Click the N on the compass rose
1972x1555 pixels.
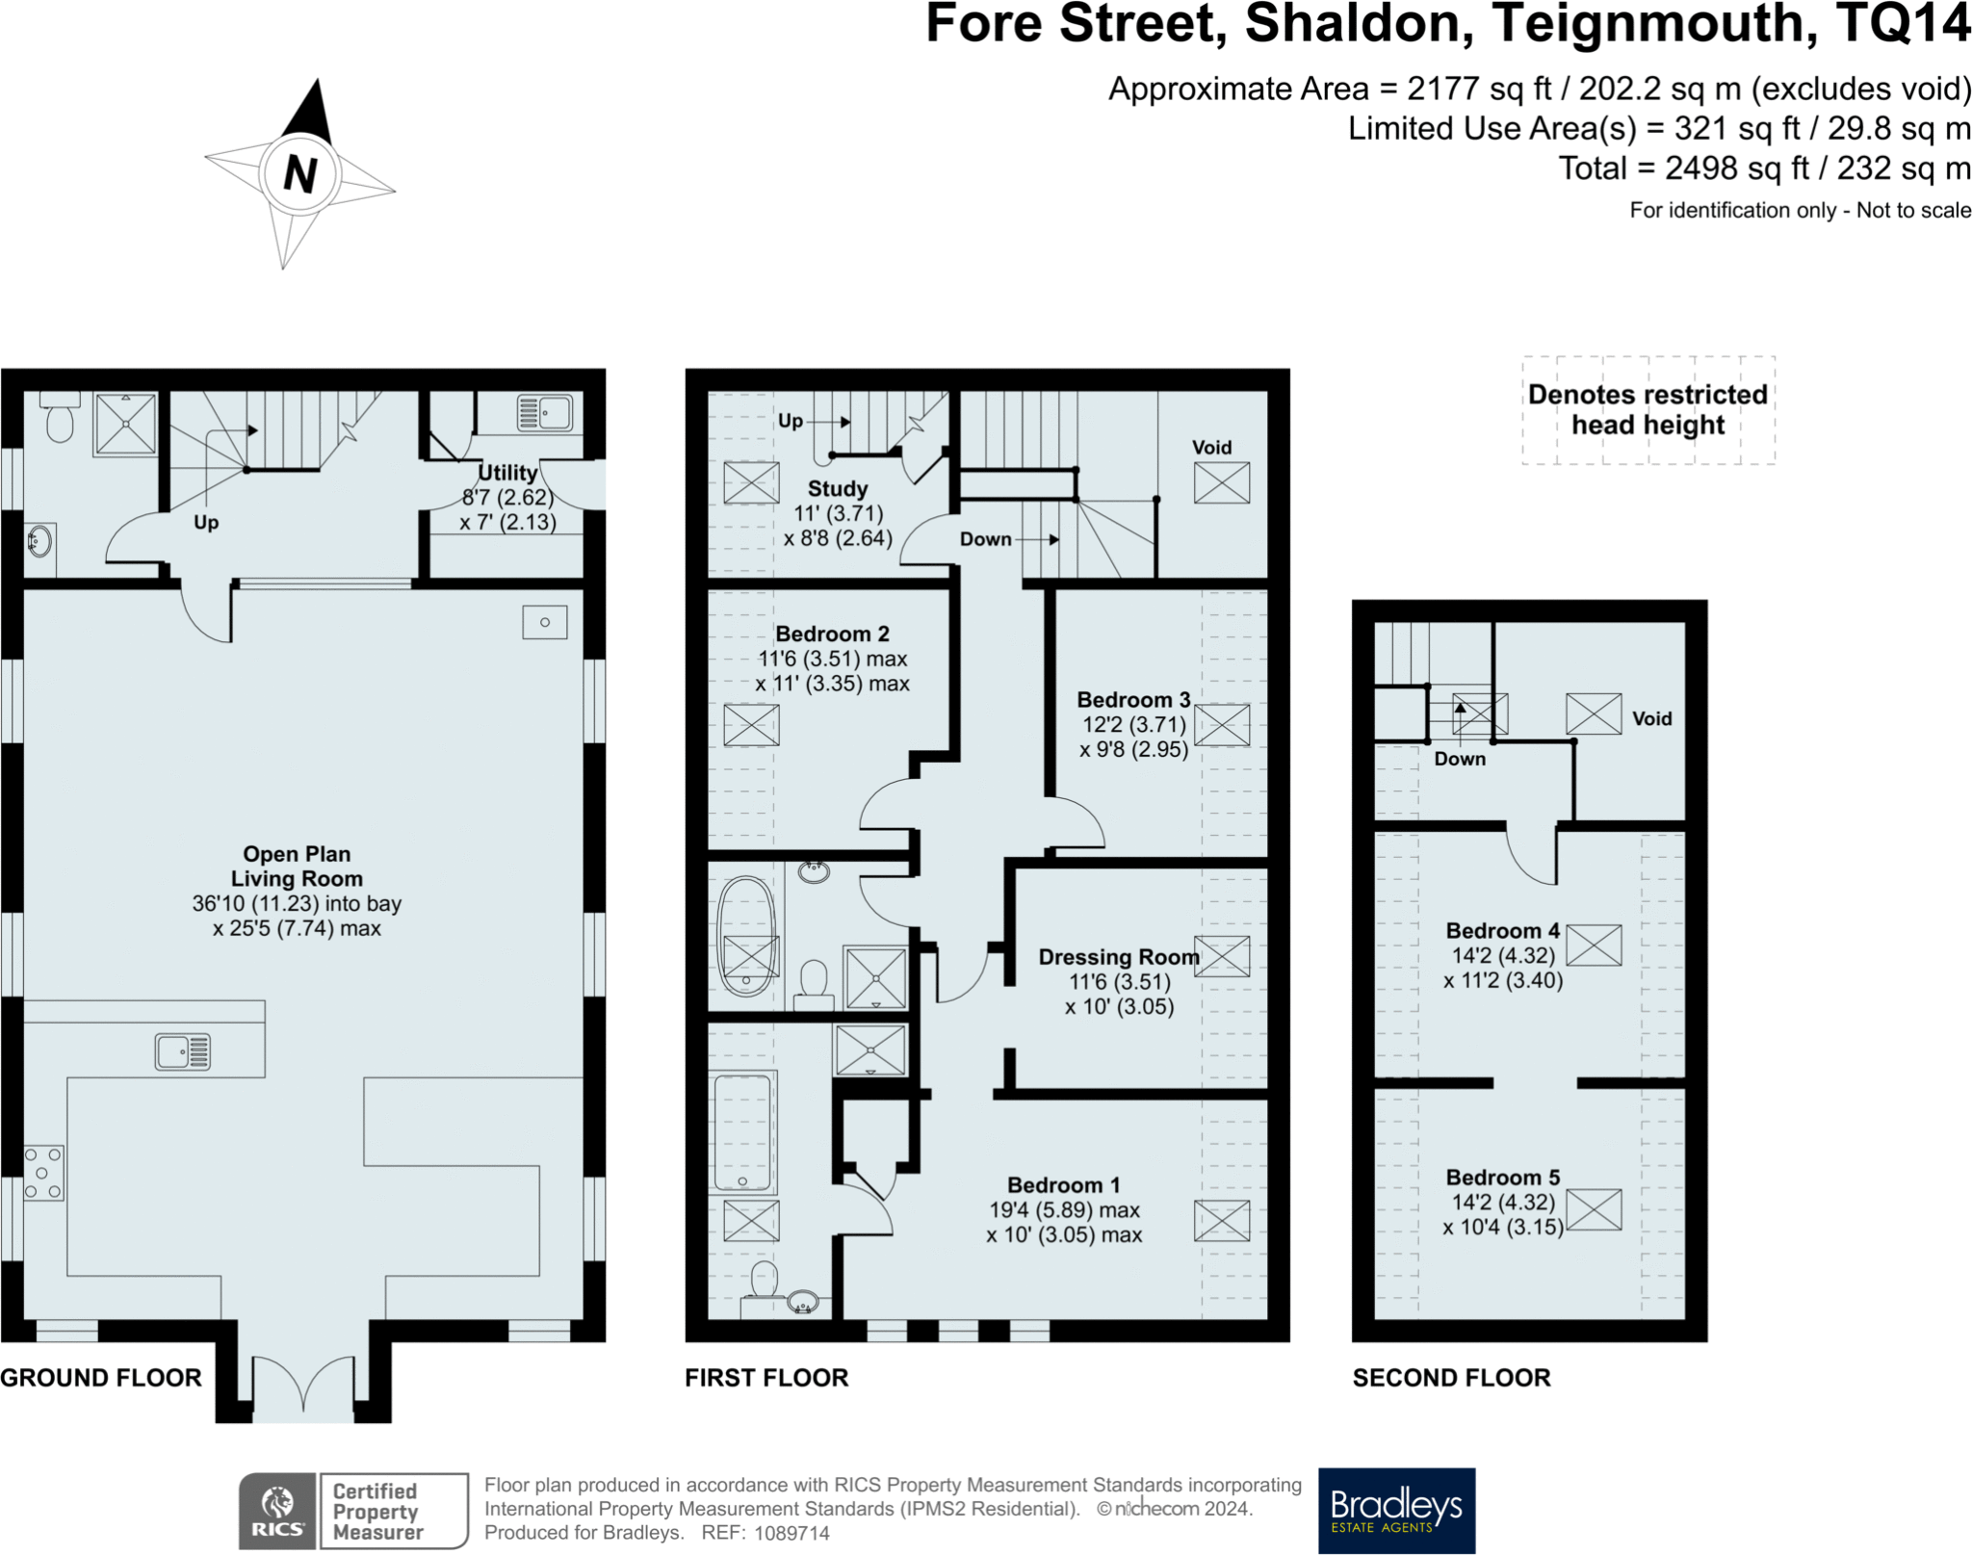(299, 174)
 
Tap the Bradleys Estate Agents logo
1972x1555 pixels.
(1396, 1510)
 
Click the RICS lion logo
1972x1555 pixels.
(277, 1511)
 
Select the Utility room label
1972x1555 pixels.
(507, 473)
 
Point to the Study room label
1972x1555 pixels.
(838, 489)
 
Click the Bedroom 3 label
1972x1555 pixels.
(1133, 700)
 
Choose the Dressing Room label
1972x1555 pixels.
(1119, 957)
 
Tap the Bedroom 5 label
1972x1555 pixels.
(1503, 1178)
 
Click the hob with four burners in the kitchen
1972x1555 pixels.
(43, 1173)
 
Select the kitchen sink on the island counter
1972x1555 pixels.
(183, 1051)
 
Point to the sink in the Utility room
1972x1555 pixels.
(545, 412)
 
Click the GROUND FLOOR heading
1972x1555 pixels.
(101, 1378)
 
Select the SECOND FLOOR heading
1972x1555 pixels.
(1452, 1378)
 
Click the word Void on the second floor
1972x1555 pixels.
(1652, 719)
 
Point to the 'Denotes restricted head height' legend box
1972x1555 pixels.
(1648, 410)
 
